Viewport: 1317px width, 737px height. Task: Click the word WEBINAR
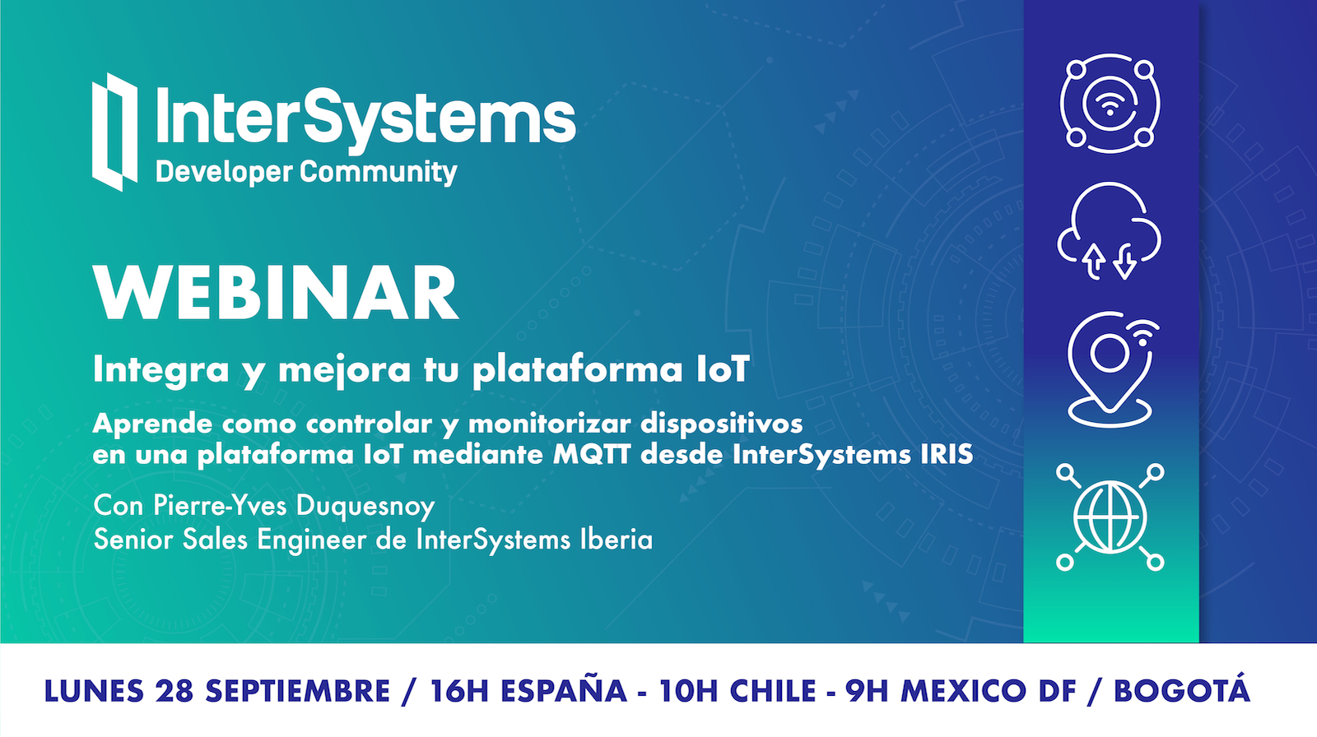coord(276,293)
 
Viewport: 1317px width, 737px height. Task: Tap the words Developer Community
coord(306,173)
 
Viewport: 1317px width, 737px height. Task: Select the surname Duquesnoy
coord(365,506)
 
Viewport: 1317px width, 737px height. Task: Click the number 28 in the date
coord(175,691)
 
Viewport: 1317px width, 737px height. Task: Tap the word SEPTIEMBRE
coord(297,691)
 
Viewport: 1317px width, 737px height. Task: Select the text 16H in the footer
coord(460,691)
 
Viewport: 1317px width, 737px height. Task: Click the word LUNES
coord(94,691)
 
